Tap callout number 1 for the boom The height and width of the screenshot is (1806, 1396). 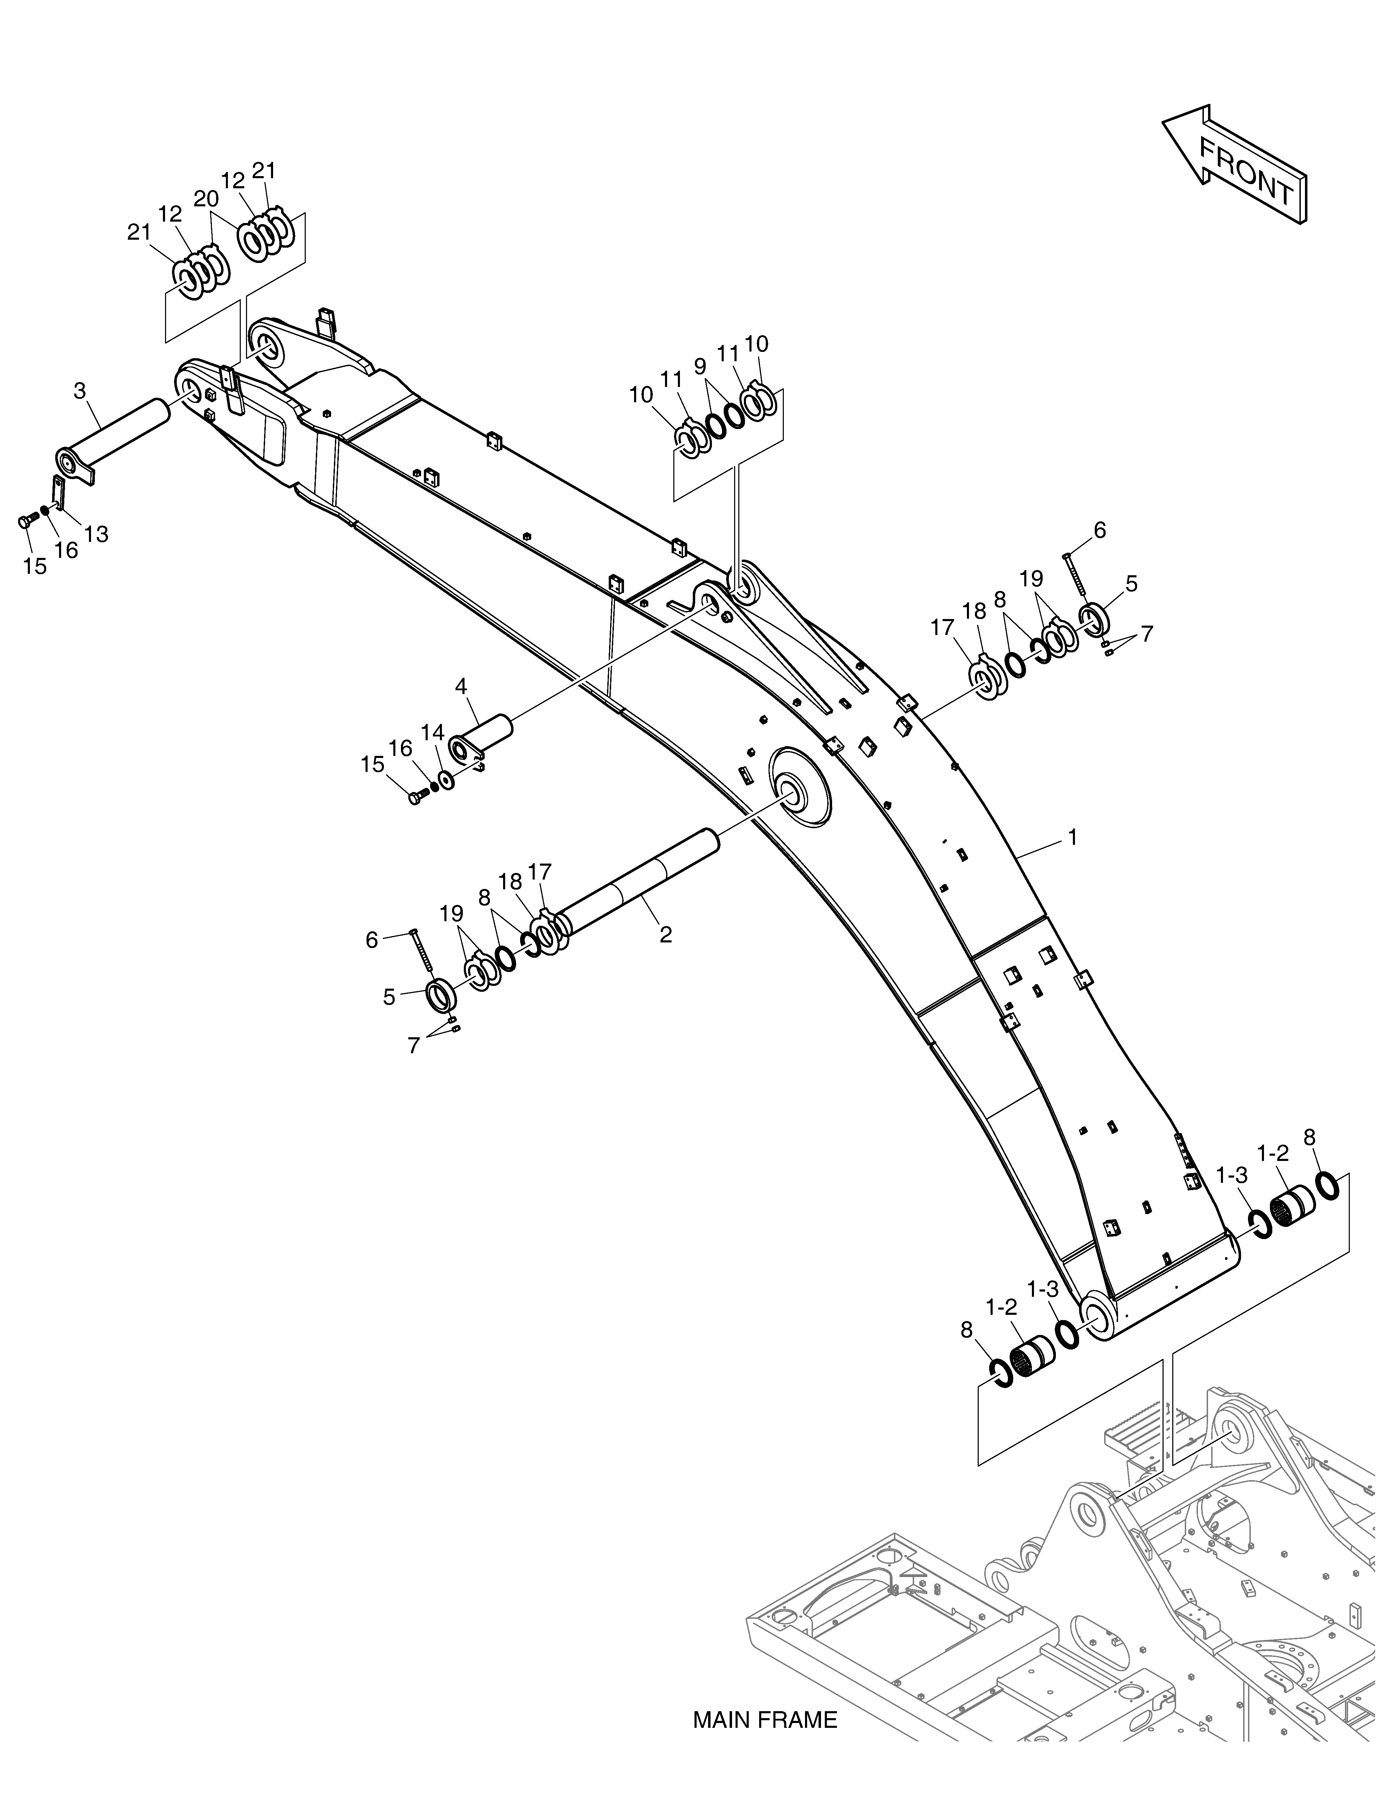[x=1073, y=838]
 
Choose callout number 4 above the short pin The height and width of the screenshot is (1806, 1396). [x=461, y=686]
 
